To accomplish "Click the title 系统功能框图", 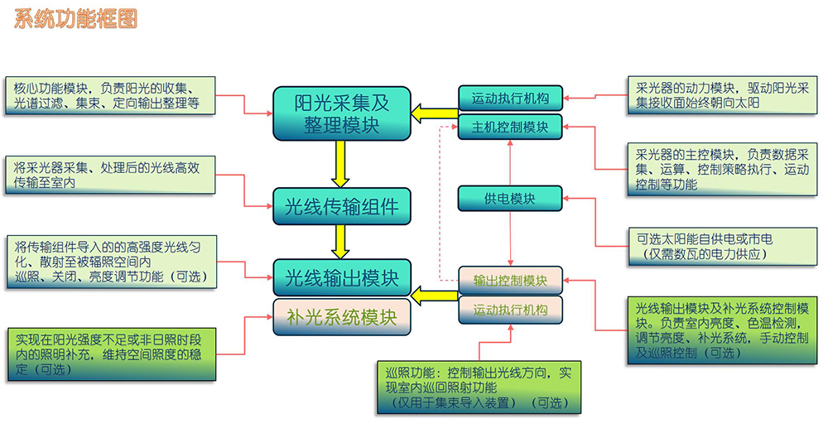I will tap(75, 19).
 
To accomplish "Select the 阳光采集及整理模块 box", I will tap(342, 113).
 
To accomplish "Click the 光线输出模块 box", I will tap(342, 277).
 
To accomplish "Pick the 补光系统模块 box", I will tap(342, 317).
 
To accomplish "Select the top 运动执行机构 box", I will tap(510, 99).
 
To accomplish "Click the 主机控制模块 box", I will tap(510, 127).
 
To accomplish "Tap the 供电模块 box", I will tap(510, 199).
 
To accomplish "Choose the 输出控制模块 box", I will tap(510, 281).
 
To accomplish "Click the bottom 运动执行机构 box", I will tap(510, 311).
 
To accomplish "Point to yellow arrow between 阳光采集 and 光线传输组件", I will tap(339, 162).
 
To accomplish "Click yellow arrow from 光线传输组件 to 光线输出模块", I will tap(339, 241).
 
